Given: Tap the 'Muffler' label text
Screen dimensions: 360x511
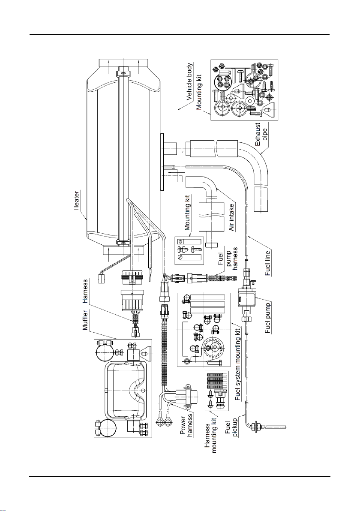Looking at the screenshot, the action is tap(86, 320).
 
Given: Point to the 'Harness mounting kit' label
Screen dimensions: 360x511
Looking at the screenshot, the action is tap(211, 434).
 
